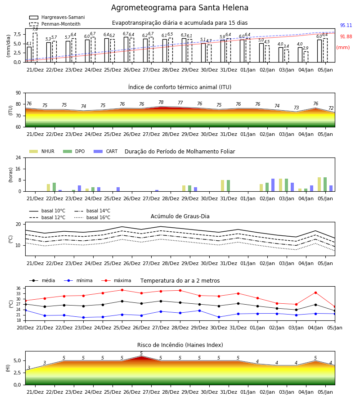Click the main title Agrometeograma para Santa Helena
tap(180, 8)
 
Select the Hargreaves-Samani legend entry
tap(57, 17)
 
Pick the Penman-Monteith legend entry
tap(55, 24)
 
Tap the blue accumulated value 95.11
tap(346, 25)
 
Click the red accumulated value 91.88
tap(346, 37)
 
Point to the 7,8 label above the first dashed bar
tap(35, 29)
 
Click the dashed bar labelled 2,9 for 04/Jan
tap(306, 57)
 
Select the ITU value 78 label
tap(161, 102)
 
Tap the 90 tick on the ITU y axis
tap(18, 93)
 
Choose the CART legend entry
tap(106, 151)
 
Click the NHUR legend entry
tap(42, 151)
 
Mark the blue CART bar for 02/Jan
tap(273, 185)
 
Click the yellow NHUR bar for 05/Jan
tap(319, 184)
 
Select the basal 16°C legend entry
tap(92, 217)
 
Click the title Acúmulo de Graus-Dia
tap(180, 216)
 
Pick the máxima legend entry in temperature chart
tap(116, 280)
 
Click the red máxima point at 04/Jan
tap(315, 292)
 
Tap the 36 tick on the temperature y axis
tap(18, 288)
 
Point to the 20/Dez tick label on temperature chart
tap(25, 328)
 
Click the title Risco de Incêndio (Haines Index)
tap(180, 345)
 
